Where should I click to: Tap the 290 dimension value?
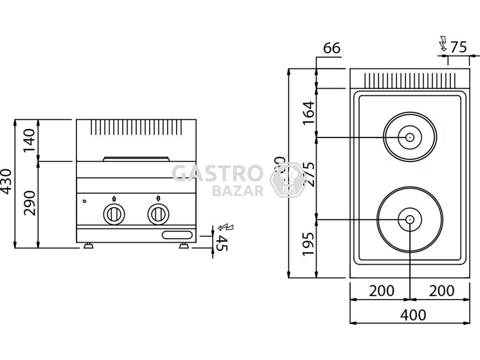pos(30,203)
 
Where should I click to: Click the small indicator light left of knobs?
pos(84,202)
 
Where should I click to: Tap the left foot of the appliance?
pos(88,246)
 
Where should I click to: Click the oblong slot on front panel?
pos(178,235)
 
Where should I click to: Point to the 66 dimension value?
pos(331,48)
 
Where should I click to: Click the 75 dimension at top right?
pos(458,47)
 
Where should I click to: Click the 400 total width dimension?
pos(413,315)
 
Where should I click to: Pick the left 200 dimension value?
pos(381,291)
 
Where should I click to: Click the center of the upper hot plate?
pos(410,137)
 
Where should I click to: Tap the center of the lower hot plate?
pos(410,219)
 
